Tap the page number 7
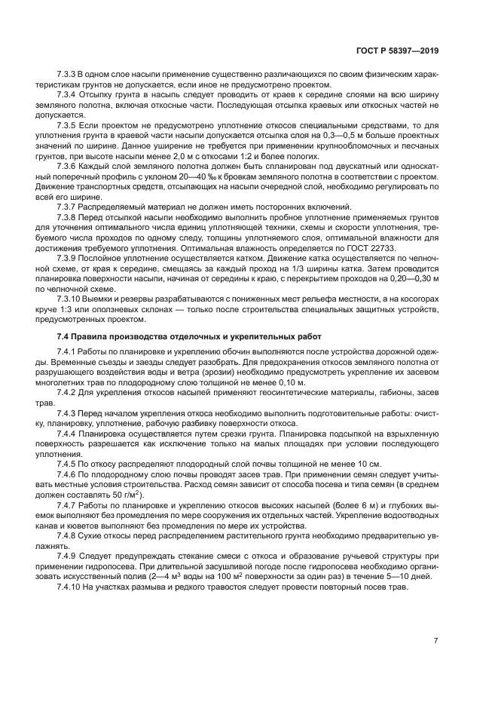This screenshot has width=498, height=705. pyautogui.click(x=435, y=640)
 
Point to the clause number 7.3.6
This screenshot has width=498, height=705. pyautogui.click(x=68, y=164)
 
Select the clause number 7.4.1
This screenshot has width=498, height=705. pyautogui.click(x=68, y=352)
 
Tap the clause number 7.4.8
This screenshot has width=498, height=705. pyautogui.click(x=68, y=534)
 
